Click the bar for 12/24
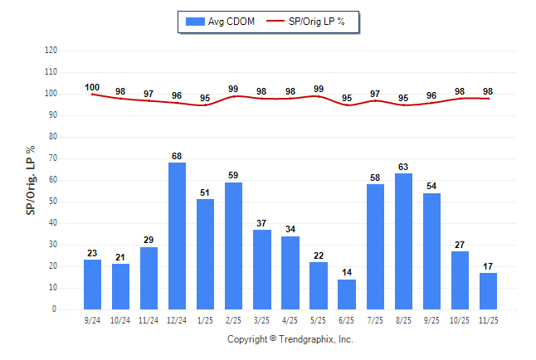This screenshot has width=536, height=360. pos(178,236)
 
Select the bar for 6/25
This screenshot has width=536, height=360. pos(347,294)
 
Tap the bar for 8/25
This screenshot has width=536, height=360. pos(403,241)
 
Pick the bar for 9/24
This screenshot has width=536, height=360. pos(93,285)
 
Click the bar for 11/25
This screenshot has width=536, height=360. pos(488,291)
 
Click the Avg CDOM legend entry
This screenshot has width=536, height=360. pos(221,22)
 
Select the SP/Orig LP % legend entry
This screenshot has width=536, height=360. pos(312,22)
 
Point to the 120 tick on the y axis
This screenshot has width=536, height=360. pos(51,51)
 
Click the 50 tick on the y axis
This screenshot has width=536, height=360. pos(53,202)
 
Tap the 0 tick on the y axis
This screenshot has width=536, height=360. pos(55,309)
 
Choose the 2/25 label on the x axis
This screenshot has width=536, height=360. pos(234,320)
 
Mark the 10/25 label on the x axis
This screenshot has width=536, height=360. pos(460,320)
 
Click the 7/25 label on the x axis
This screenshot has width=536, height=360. pos(375,320)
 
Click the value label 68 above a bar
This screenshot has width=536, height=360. pos(178,156)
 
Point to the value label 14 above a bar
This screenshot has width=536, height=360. pos(347,272)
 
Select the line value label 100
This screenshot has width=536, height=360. pos(92,87)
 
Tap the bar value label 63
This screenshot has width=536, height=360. pos(403,167)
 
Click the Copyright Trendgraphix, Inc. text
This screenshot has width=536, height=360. pos(290,339)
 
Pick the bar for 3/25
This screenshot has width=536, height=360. pos(262,270)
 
